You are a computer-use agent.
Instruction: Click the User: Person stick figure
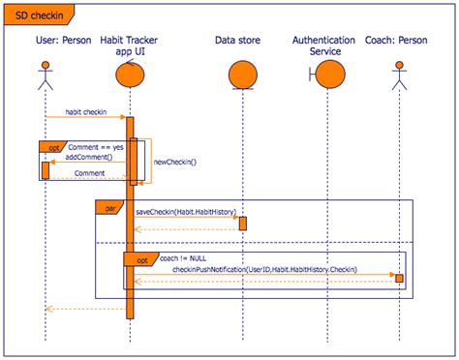45,75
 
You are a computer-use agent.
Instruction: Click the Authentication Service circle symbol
330,75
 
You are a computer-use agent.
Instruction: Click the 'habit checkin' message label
85,111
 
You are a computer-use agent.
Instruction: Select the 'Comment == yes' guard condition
94,145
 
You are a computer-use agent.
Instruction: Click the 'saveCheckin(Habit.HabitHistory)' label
185,210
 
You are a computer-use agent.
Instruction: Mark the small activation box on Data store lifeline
243,223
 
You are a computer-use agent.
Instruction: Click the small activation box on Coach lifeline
398,278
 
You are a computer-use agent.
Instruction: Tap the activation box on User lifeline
45,169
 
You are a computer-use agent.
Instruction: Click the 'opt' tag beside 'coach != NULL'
141,259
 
